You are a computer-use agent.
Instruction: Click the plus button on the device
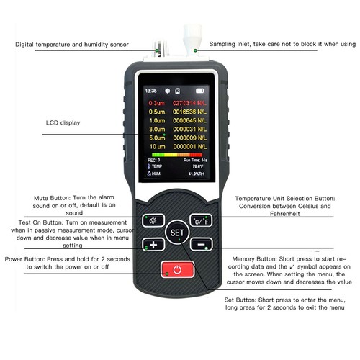pos(153,243)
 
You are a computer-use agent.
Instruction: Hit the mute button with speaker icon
pos(153,220)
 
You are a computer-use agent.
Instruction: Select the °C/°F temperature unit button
pos(199,220)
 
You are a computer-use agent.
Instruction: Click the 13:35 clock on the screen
pos(150,91)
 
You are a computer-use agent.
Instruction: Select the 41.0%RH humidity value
pos(192,173)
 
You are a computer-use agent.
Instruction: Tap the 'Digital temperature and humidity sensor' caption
pos(72,45)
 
